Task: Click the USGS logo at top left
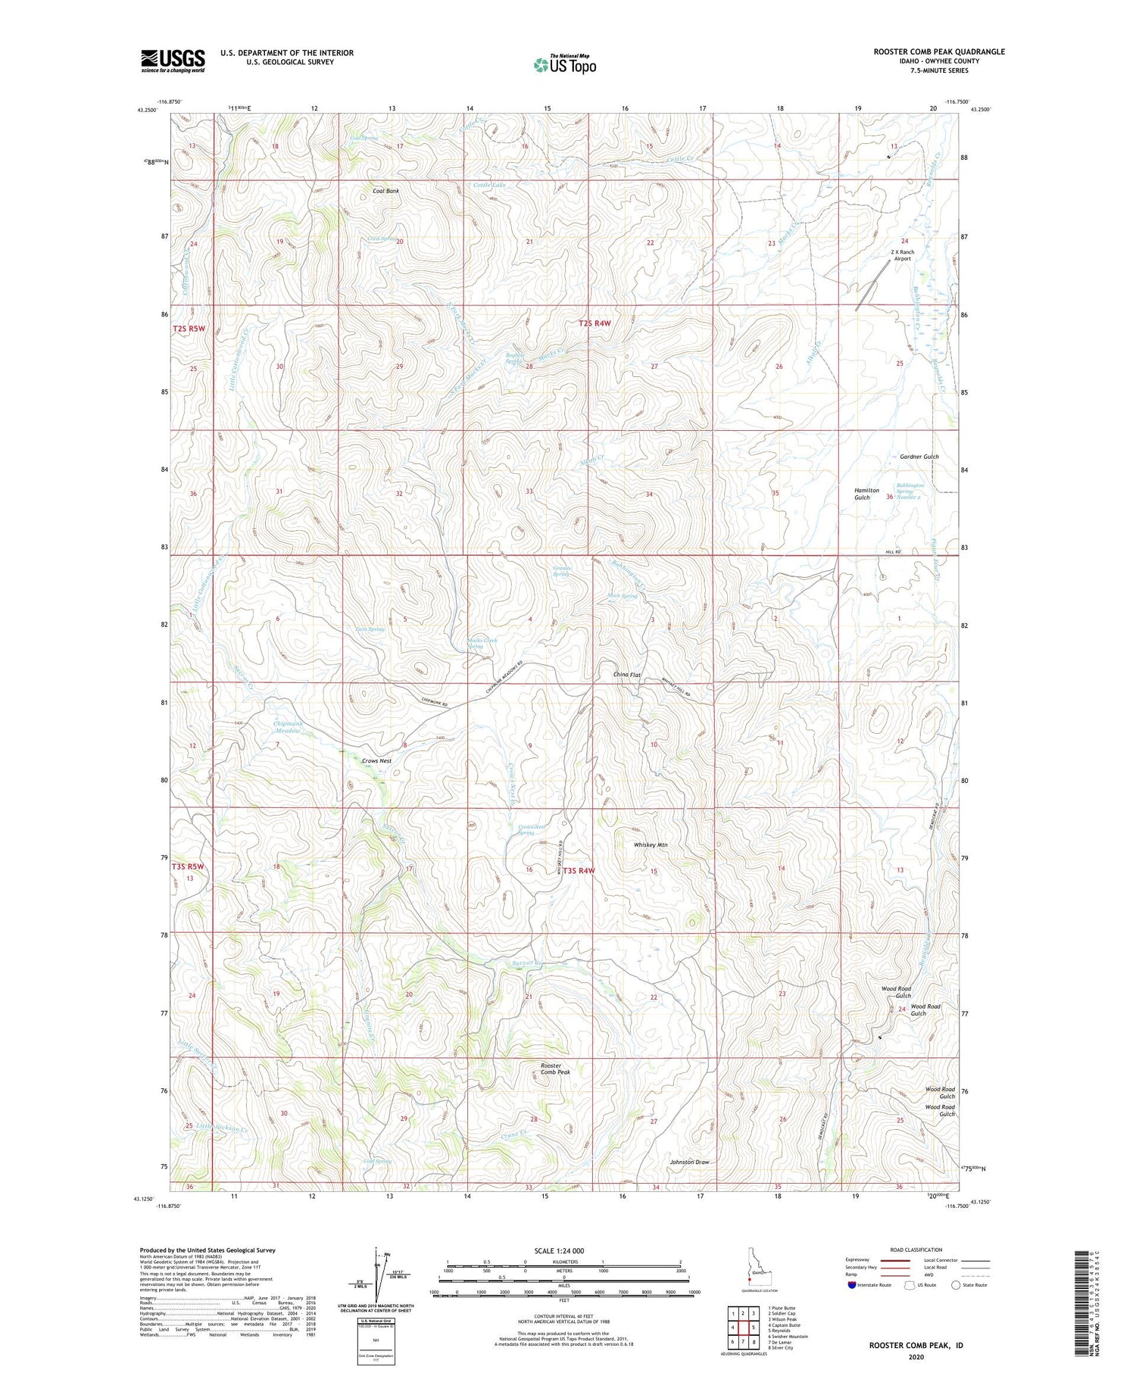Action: (173, 61)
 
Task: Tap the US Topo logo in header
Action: (564, 65)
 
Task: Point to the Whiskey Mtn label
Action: (651, 844)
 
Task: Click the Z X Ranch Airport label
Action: (902, 255)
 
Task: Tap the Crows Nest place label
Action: (376, 760)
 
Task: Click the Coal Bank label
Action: (385, 191)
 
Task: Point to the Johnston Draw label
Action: (689, 1162)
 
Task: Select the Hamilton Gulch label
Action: (867, 494)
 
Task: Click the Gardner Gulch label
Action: (919, 457)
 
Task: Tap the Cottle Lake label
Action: (489, 185)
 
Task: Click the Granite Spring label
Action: (561, 571)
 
